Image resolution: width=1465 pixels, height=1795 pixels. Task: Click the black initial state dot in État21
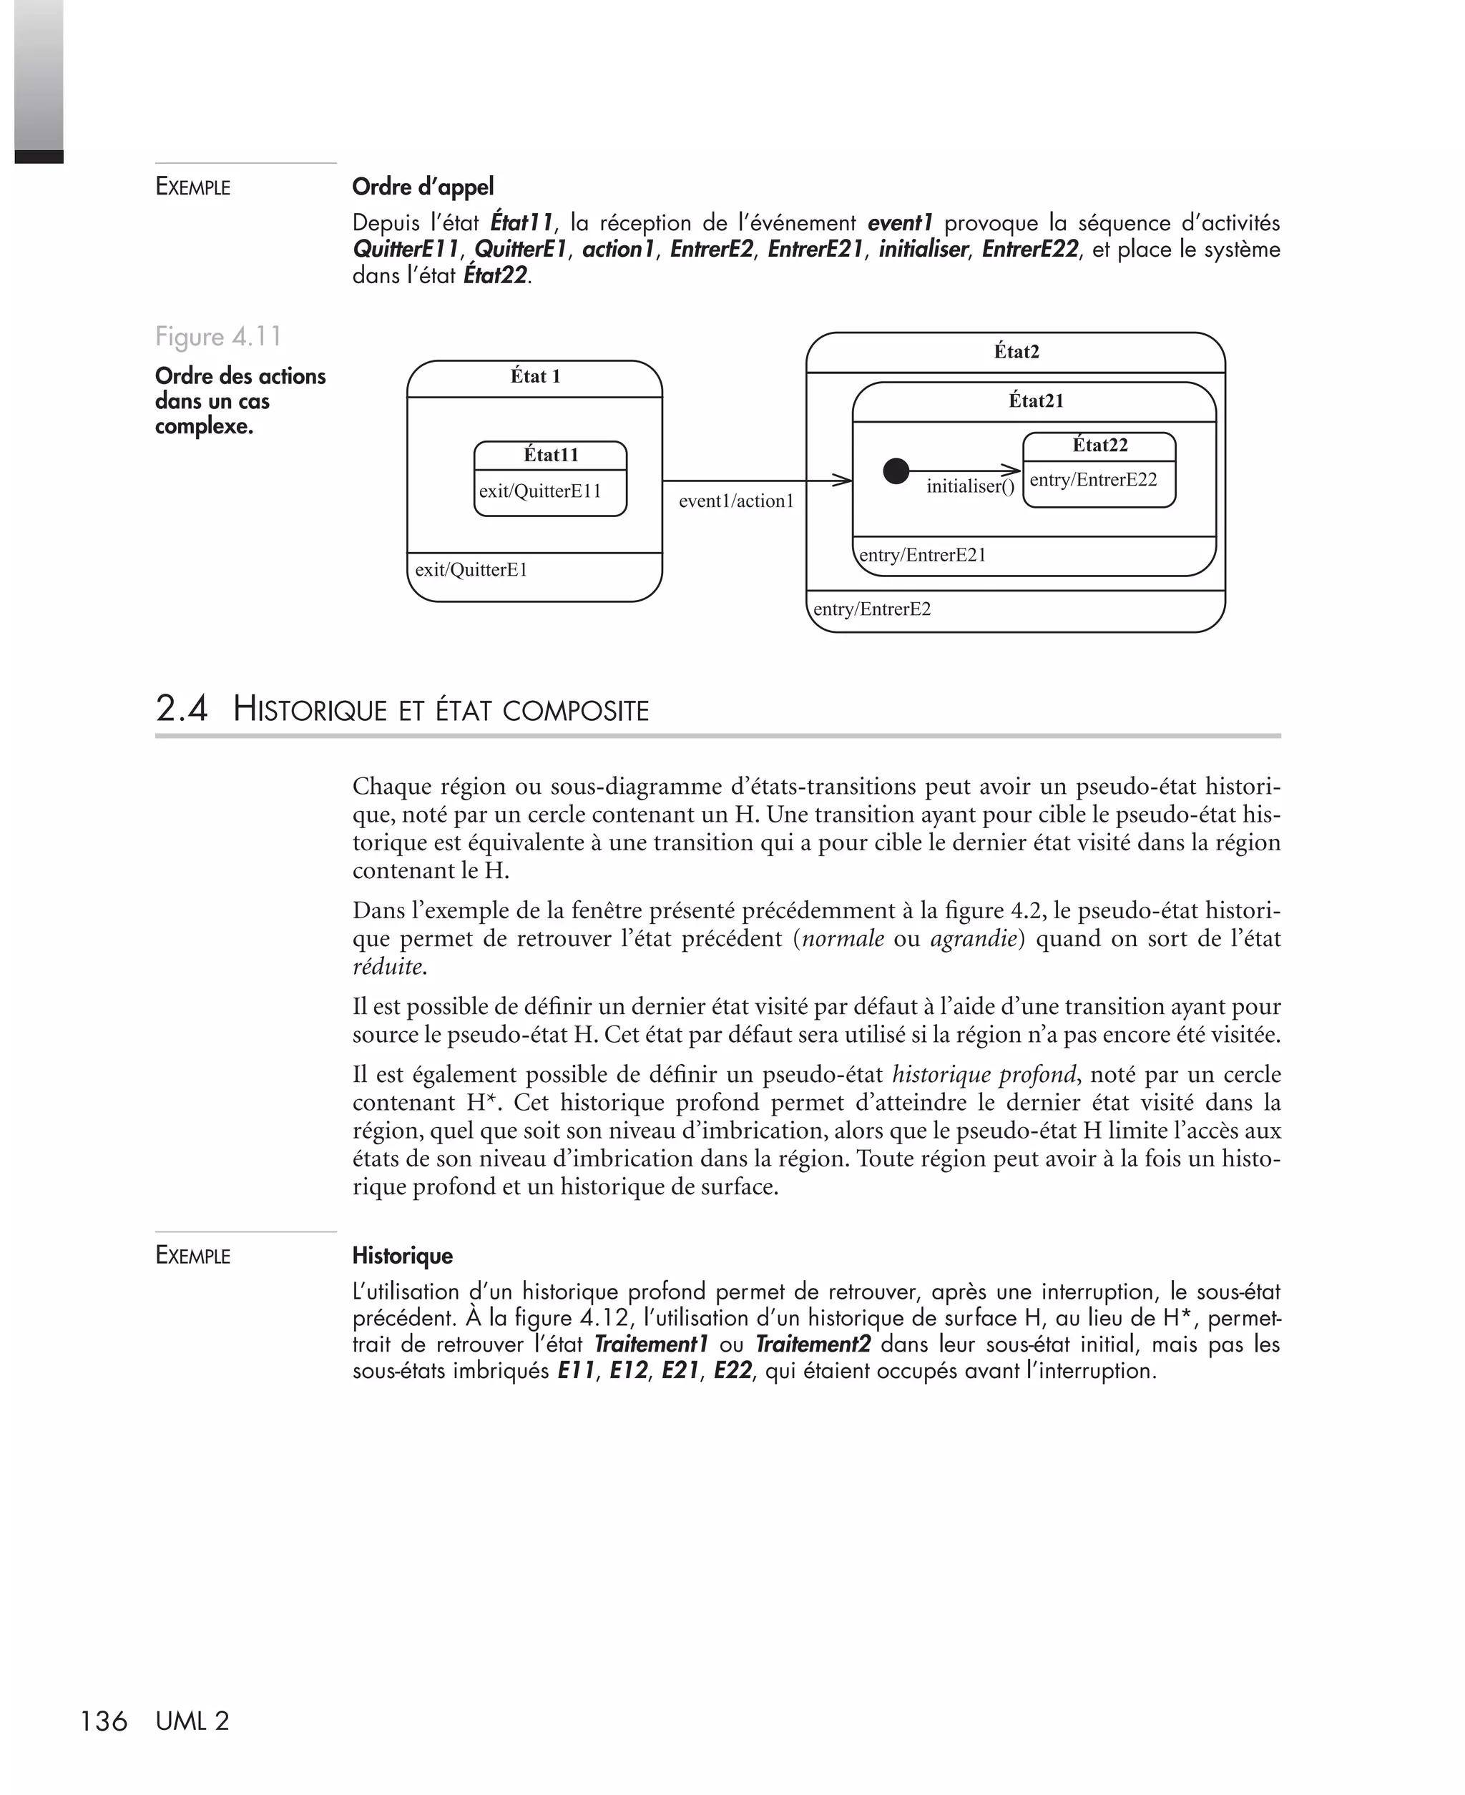tap(896, 471)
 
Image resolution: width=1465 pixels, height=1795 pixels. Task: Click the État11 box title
tap(551, 456)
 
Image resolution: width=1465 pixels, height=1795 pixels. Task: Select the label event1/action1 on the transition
tap(736, 501)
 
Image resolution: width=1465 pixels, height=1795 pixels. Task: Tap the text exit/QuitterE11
tap(540, 491)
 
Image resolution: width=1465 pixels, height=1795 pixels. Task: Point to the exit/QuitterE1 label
tap(471, 569)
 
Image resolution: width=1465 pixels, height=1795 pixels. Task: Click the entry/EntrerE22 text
tap(1093, 480)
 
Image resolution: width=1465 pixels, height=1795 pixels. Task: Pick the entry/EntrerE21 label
tap(921, 555)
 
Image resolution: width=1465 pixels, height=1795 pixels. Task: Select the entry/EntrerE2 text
tap(872, 609)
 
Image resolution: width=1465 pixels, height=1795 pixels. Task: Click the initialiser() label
tap(970, 487)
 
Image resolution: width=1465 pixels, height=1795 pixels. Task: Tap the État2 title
tap(1016, 352)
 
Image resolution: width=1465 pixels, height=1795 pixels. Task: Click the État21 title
tap(1036, 400)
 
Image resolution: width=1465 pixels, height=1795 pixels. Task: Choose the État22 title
tap(1099, 446)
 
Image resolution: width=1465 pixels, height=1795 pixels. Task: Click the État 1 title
tap(535, 376)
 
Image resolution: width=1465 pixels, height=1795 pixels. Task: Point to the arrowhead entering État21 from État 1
tap(843, 481)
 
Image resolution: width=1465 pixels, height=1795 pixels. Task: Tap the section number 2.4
tap(182, 709)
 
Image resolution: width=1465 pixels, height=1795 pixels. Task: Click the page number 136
tap(103, 1721)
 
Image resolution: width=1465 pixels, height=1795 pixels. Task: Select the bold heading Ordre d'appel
tap(423, 187)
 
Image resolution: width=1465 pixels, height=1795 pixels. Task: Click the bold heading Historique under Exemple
tap(402, 1255)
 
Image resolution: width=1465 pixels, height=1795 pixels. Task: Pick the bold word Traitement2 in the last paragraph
tap(812, 1344)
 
